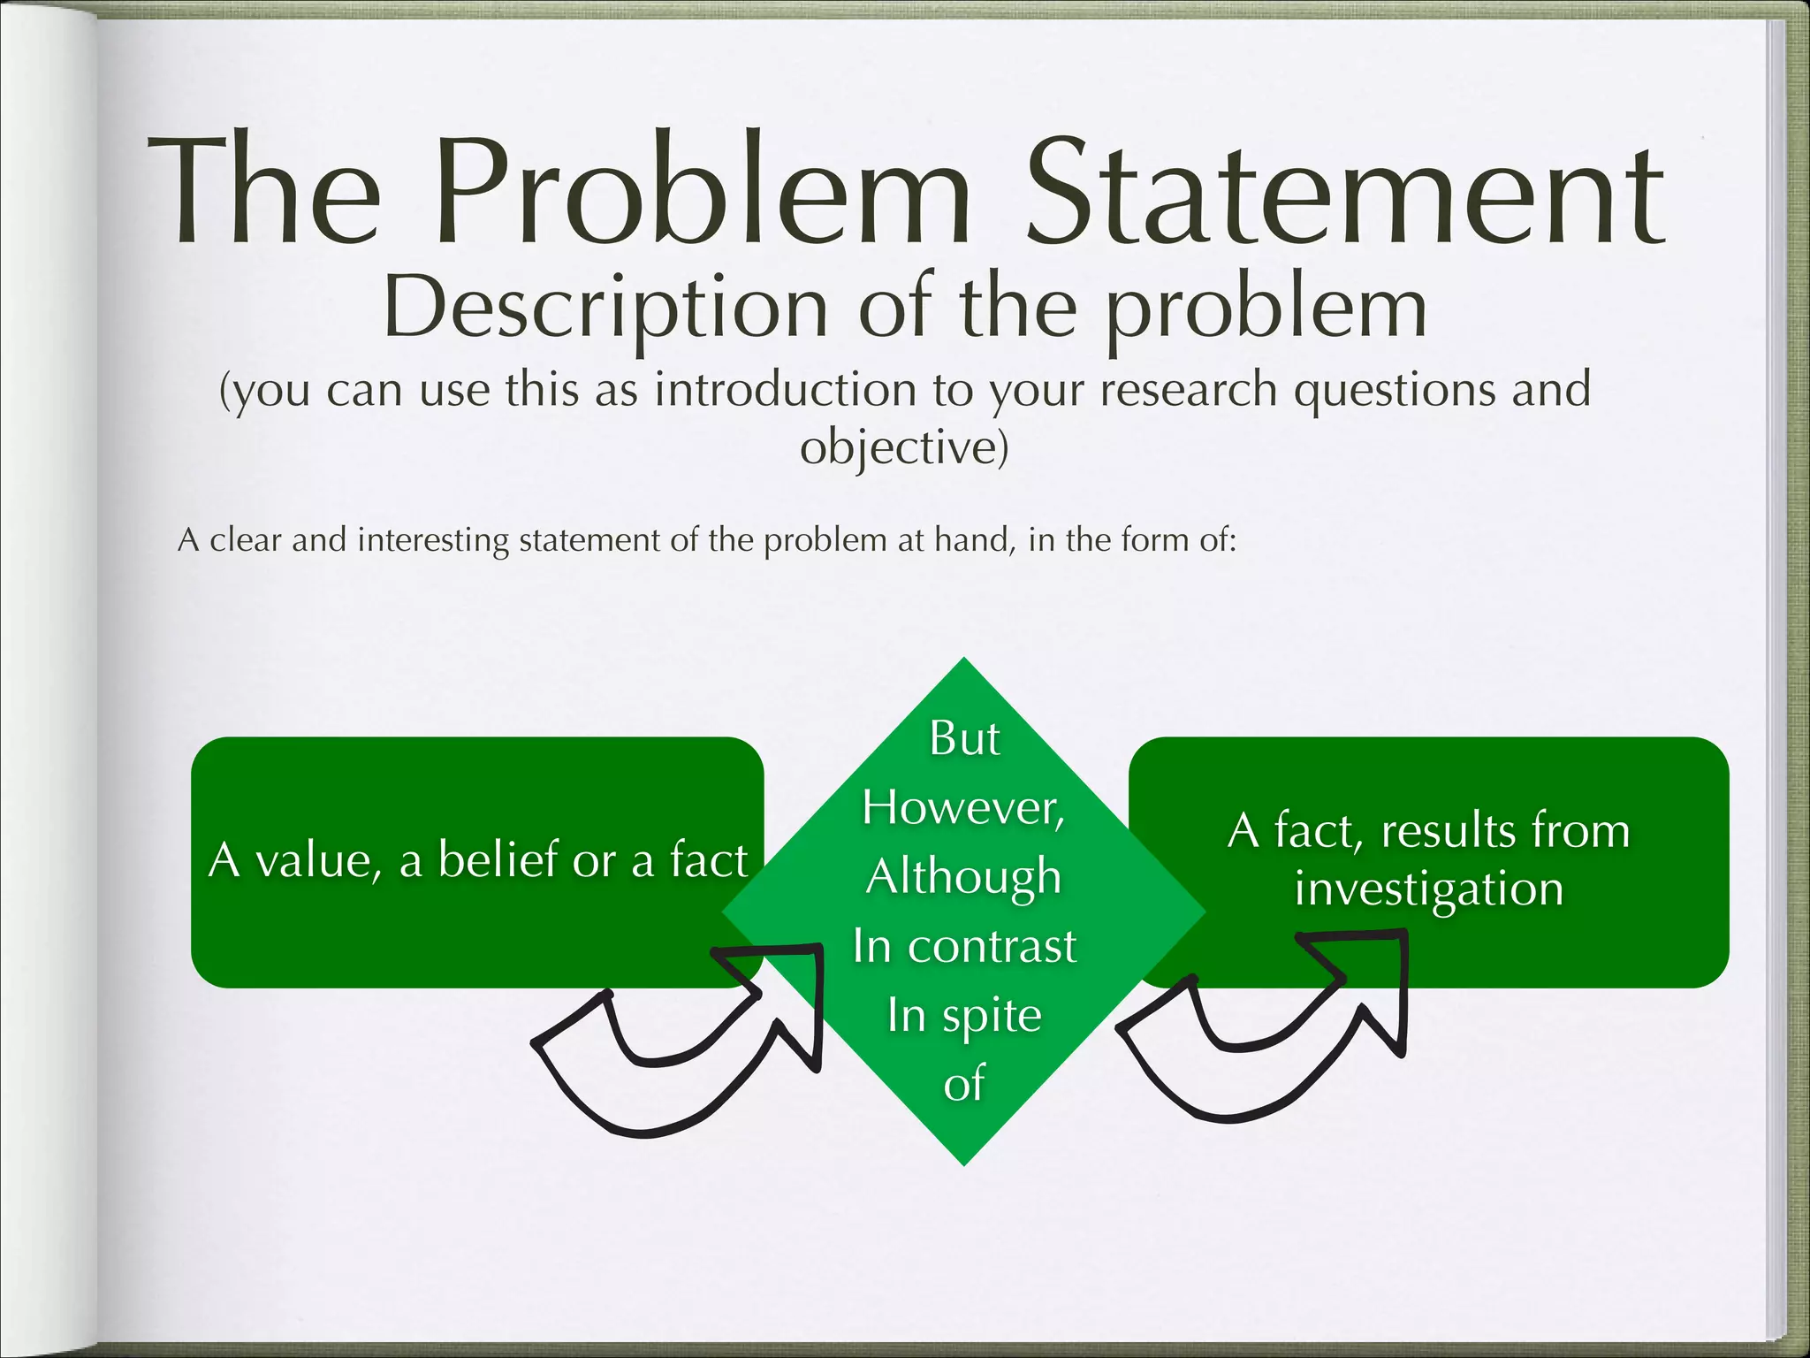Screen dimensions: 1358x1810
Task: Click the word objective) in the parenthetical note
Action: tap(904, 447)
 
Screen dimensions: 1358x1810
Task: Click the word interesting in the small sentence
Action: tap(433, 539)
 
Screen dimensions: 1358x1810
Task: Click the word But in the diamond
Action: tap(964, 738)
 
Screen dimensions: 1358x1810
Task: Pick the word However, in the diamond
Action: tap(963, 807)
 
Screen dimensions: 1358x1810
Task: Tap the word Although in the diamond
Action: tap(963, 877)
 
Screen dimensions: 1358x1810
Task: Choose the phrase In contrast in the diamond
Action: tap(964, 946)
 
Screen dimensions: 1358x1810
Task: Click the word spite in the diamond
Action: tap(992, 1016)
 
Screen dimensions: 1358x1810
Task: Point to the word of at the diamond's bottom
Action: tap(963, 1084)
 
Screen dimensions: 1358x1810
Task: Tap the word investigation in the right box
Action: tap(1428, 889)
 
